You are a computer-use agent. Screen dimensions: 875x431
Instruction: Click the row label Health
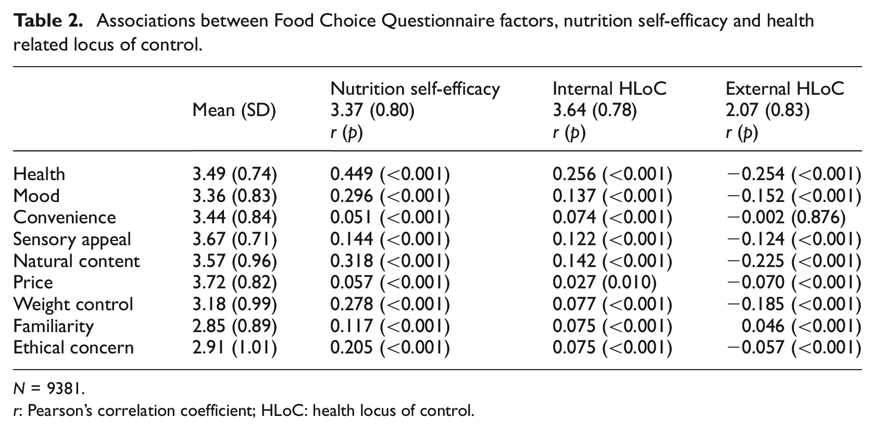point(39,174)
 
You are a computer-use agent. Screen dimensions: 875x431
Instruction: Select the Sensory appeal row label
point(72,239)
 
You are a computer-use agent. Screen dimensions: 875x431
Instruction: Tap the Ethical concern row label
point(73,348)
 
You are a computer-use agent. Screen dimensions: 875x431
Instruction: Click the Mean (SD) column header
point(234,110)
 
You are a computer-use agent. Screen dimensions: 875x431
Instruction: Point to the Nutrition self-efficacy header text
point(415,88)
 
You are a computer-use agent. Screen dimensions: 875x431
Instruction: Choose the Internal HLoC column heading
point(609,88)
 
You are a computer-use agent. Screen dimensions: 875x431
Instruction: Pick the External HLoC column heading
point(785,88)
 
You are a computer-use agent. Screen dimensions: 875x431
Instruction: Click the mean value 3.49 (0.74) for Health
point(235,174)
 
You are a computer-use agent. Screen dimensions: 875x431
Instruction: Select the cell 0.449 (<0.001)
point(390,174)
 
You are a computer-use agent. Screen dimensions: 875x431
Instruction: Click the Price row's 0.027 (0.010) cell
point(605,282)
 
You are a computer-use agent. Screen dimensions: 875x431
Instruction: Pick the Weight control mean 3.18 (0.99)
point(235,304)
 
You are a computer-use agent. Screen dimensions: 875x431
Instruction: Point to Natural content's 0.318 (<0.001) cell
point(390,261)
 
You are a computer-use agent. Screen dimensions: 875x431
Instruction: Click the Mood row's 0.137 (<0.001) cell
point(612,196)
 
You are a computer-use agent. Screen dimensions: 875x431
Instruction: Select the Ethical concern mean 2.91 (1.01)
point(235,348)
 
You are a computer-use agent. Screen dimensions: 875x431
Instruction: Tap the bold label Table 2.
point(48,21)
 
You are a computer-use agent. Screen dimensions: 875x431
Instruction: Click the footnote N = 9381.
point(49,388)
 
